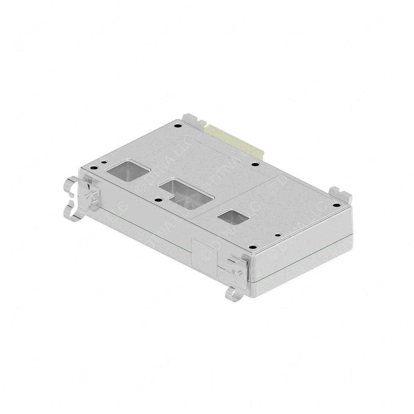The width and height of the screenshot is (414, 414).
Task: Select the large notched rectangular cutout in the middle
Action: click(x=186, y=192)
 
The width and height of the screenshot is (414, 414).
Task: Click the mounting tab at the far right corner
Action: click(x=340, y=194)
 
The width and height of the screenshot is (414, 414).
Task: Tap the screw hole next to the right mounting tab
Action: click(x=335, y=205)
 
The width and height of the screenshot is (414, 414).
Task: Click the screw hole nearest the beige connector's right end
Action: click(x=255, y=164)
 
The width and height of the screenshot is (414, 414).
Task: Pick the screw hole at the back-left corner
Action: click(x=177, y=126)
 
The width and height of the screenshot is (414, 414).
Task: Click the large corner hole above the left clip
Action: click(x=93, y=168)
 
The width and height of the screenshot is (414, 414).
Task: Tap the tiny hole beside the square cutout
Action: click(x=104, y=162)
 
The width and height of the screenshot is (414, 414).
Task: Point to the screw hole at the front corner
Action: click(x=253, y=247)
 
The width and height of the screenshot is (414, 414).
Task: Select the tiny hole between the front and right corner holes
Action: click(x=277, y=235)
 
